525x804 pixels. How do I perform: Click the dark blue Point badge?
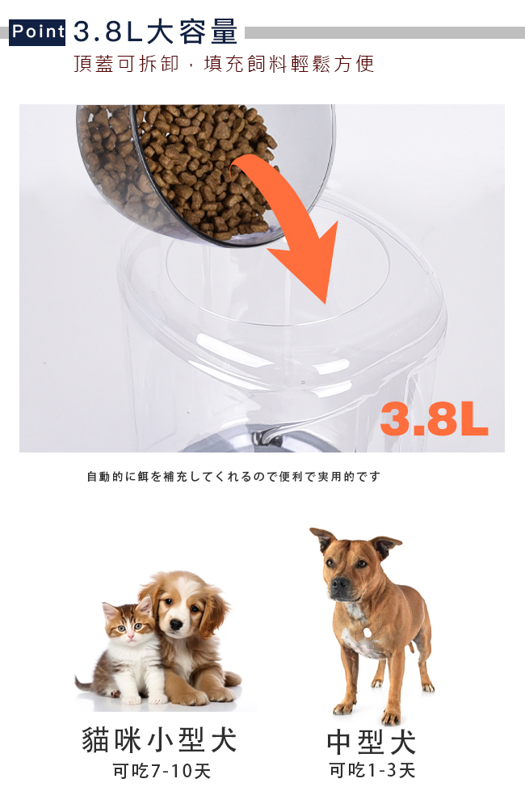pos(37,32)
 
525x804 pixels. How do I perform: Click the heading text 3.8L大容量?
pos(156,32)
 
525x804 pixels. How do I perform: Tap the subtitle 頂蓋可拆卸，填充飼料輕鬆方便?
pos(224,64)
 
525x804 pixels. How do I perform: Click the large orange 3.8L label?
pos(435,419)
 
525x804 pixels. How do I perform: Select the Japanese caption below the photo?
pos(233,477)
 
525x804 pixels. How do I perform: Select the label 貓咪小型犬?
pos(159,740)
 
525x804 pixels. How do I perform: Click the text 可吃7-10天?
pos(162,771)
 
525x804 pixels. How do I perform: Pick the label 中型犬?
pos(372,742)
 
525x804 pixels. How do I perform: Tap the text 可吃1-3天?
pos(372,770)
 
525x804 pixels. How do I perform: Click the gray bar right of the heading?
pos(384,33)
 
